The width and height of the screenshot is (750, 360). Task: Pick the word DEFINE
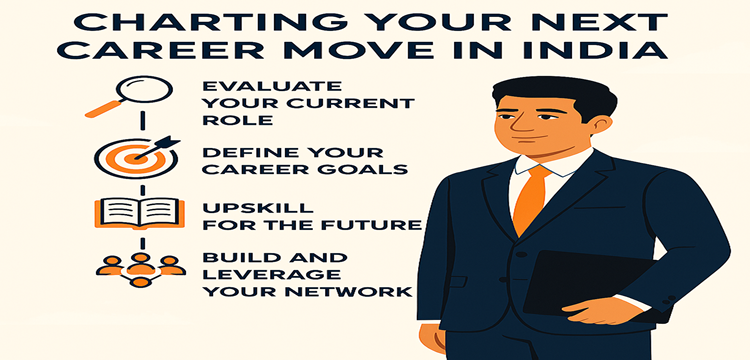pyautogui.click(x=245, y=151)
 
